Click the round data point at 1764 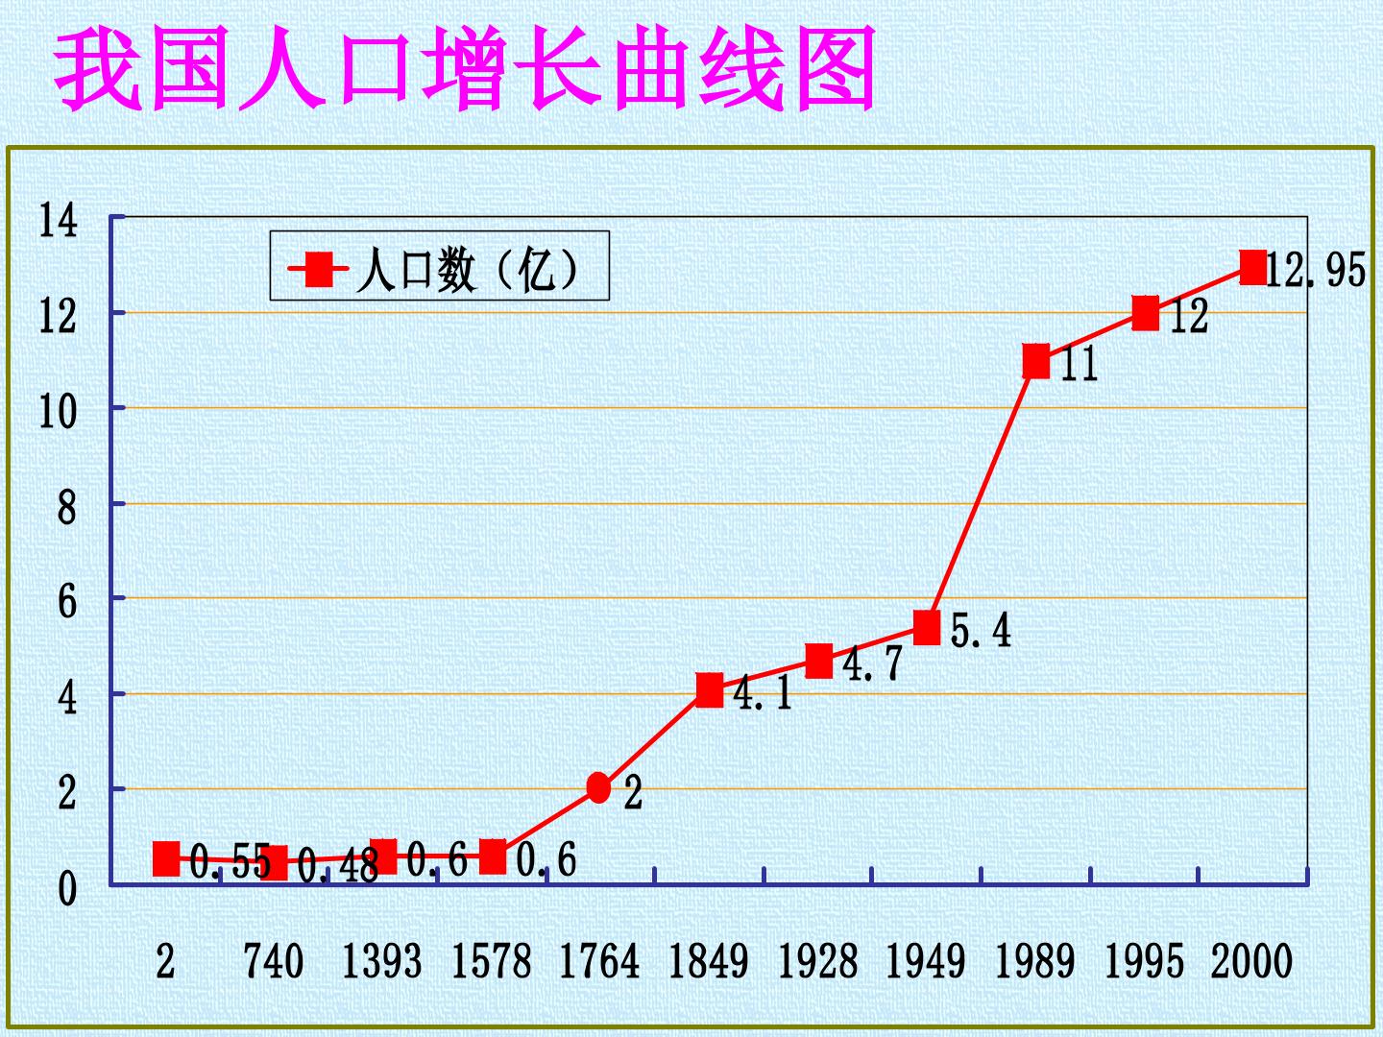(x=598, y=787)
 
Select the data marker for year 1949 (x=927, y=627)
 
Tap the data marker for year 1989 (x=1036, y=361)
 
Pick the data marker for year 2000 (x=1254, y=267)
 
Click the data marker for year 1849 (x=710, y=689)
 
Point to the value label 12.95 (x=1316, y=271)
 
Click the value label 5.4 (x=981, y=630)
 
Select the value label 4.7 (x=873, y=663)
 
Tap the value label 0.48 (x=338, y=866)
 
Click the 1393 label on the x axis (x=382, y=961)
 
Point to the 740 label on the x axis (x=274, y=961)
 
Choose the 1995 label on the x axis (x=1145, y=961)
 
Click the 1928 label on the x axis (x=818, y=961)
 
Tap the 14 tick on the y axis (x=58, y=221)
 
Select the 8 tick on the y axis (x=67, y=508)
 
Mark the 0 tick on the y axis (x=67, y=889)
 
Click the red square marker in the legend (x=319, y=270)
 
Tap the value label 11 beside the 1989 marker (x=1079, y=364)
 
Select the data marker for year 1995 (x=1146, y=314)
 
